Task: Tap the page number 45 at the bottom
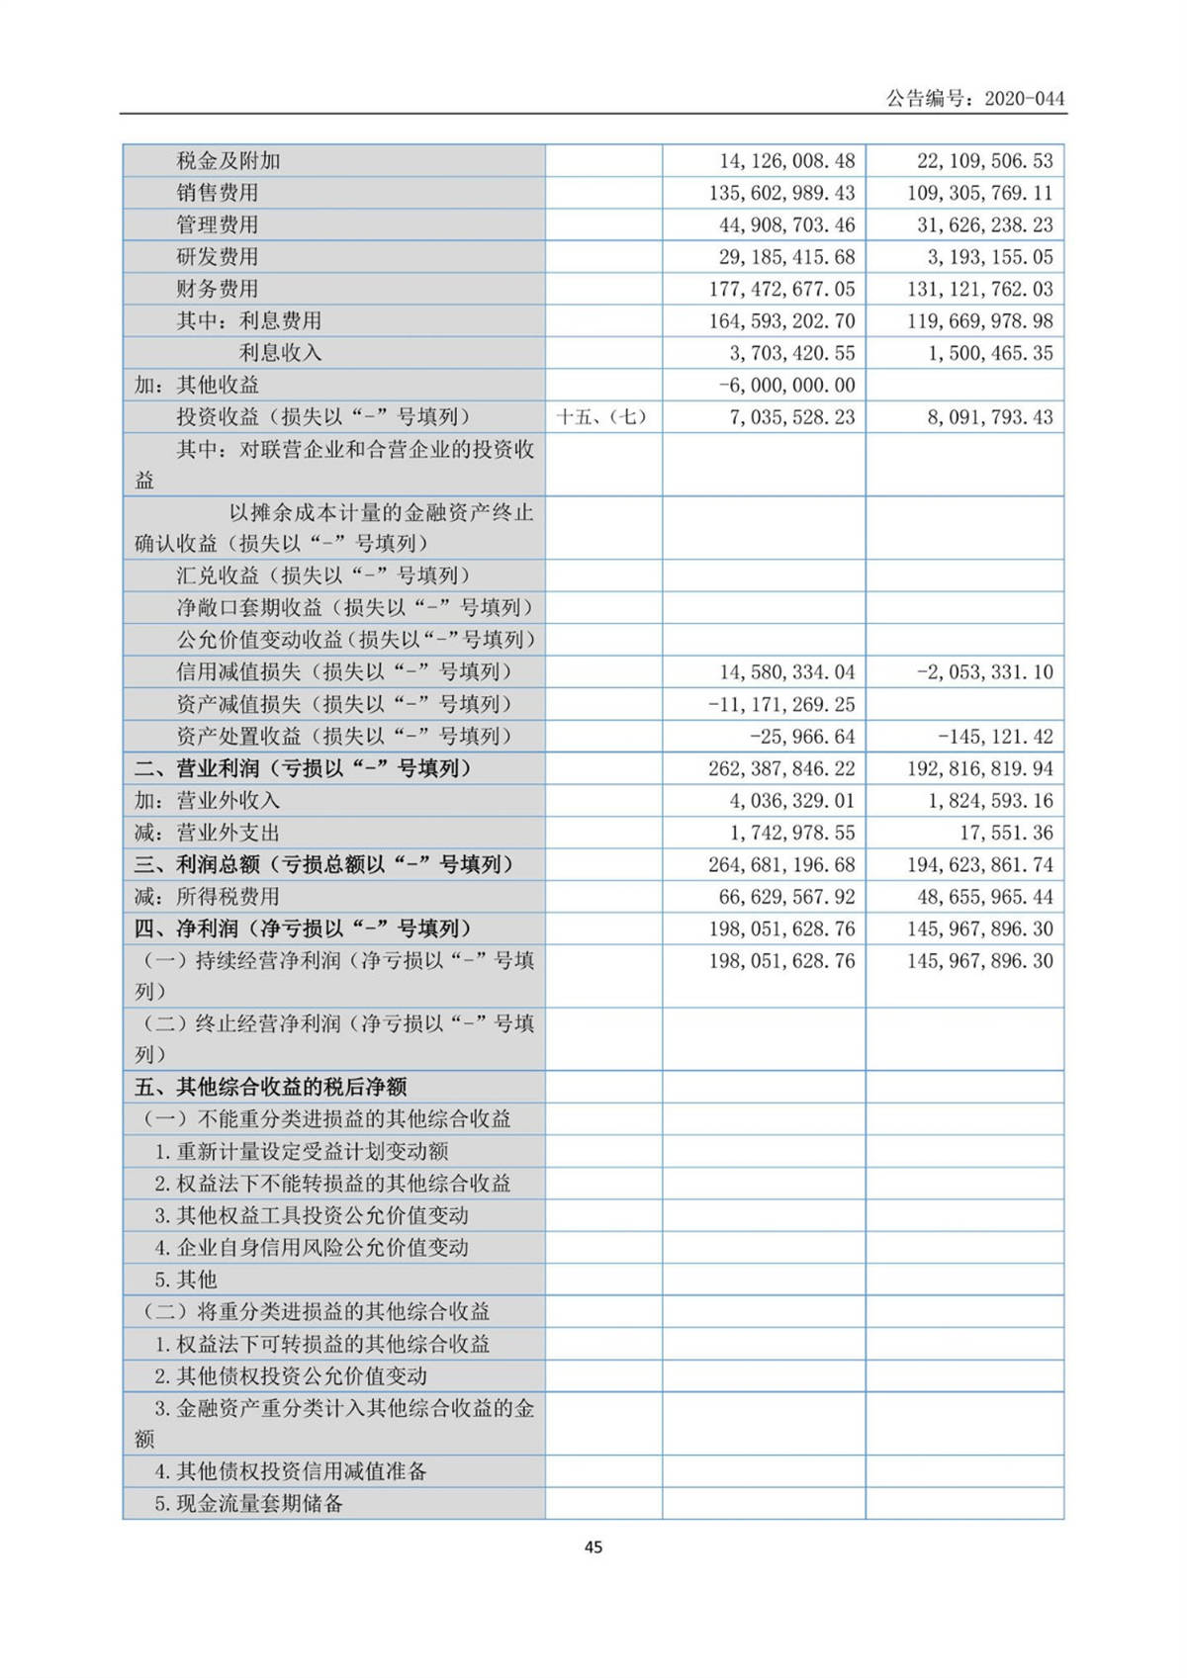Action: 593,1546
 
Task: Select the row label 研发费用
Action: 218,257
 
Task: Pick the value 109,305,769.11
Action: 979,193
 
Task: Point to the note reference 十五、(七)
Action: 602,417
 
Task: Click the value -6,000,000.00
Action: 786,386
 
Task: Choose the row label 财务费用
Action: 218,289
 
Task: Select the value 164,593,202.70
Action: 781,321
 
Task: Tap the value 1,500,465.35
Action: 990,353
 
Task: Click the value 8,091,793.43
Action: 990,417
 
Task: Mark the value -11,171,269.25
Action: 781,705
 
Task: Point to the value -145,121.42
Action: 995,737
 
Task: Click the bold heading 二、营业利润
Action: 303,768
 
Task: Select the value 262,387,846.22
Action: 781,768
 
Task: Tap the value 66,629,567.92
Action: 786,897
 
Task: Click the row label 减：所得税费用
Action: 208,897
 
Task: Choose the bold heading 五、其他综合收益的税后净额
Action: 271,1088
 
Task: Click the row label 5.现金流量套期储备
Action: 249,1504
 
